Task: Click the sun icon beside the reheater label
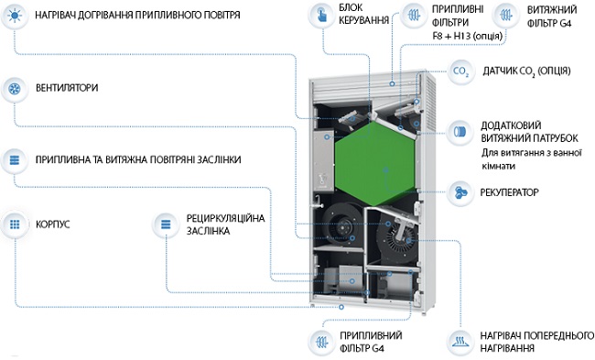click(15, 16)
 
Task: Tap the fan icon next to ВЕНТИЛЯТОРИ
click(15, 89)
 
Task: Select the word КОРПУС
click(53, 224)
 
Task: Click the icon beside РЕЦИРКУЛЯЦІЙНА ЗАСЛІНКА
click(166, 224)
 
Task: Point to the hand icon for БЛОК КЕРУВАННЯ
click(322, 16)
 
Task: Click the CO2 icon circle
click(460, 71)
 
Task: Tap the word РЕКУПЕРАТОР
click(509, 192)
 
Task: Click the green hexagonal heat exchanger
click(375, 163)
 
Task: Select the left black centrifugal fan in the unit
click(341, 226)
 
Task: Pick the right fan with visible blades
click(397, 235)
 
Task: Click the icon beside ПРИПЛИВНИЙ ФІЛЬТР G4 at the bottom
click(322, 342)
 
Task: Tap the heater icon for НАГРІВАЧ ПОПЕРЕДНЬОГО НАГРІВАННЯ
click(460, 342)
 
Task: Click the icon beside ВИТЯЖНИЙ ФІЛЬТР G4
click(505, 16)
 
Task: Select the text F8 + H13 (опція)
click(468, 36)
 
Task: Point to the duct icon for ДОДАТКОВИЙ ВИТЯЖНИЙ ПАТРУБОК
click(460, 132)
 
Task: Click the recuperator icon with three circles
click(460, 192)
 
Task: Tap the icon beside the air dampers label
click(15, 160)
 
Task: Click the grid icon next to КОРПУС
click(15, 224)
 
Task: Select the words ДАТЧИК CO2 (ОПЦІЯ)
click(526, 71)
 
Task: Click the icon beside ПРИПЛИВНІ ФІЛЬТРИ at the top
click(414, 16)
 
